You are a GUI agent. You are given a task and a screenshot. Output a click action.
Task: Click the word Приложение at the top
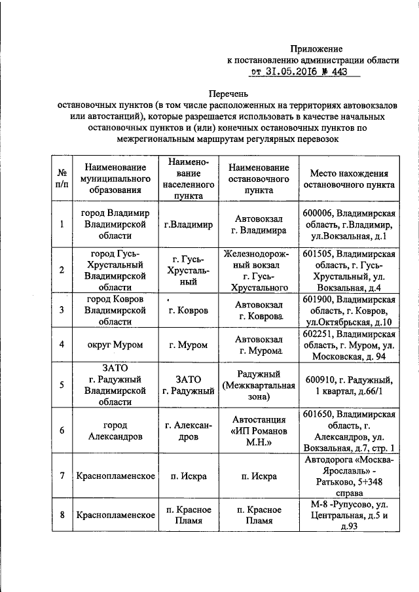317,48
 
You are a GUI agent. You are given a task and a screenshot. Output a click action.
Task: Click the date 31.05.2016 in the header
293,73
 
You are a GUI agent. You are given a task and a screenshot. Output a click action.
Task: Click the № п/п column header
61,178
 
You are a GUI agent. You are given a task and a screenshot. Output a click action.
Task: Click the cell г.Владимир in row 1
189,225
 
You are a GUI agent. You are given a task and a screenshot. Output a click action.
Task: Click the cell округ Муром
115,345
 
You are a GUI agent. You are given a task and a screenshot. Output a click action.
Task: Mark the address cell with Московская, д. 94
349,345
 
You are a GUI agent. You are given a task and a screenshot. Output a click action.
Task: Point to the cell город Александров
115,431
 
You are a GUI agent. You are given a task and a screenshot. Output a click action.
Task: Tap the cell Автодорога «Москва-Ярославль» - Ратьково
349,476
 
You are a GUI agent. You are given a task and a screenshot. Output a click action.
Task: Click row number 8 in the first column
61,515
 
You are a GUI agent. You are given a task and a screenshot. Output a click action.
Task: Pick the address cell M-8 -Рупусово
349,515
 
